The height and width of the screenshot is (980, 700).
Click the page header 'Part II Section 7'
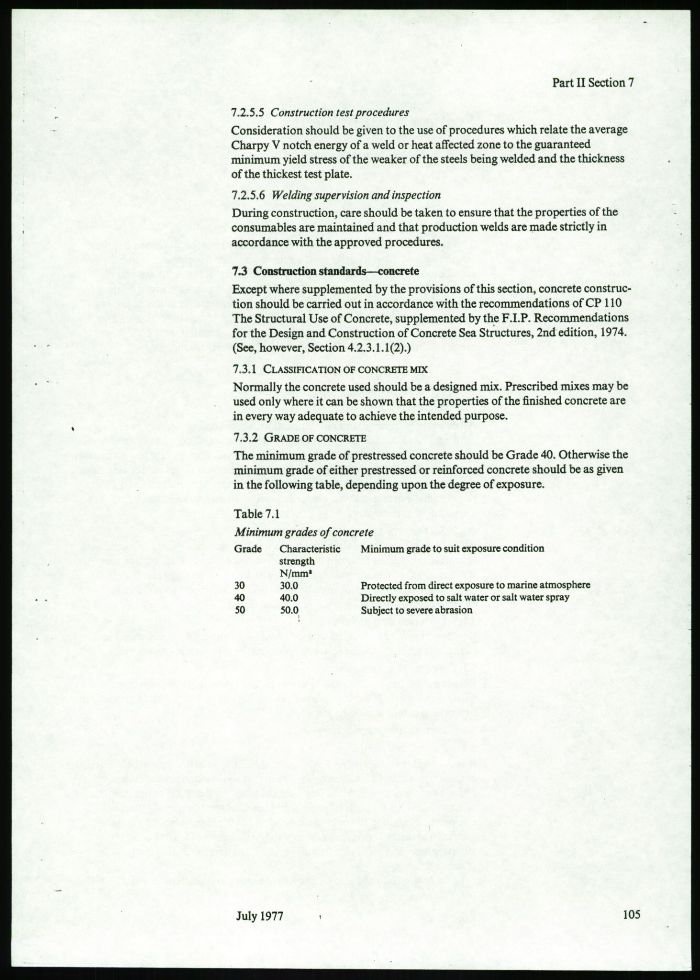593,82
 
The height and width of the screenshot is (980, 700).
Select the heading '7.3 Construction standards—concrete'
325,271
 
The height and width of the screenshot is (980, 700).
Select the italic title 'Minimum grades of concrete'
303,532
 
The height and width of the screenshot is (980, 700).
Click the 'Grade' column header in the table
247,549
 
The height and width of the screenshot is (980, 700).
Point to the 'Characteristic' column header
310,549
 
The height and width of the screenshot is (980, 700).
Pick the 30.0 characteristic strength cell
289,585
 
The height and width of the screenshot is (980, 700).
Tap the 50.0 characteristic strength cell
289,610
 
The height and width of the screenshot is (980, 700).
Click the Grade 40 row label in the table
241,598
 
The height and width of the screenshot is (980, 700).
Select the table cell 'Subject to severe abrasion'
416,610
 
